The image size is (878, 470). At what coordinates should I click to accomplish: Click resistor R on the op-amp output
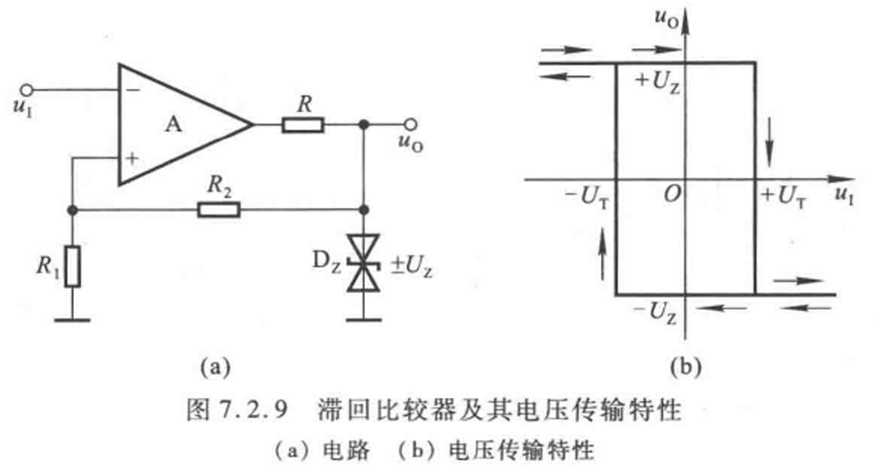coord(303,124)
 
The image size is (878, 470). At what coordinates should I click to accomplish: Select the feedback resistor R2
coord(219,210)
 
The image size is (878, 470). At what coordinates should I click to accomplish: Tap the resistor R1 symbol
coord(72,267)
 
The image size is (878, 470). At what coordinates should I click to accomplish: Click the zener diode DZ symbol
coord(363,263)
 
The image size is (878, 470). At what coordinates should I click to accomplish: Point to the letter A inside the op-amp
coord(173,124)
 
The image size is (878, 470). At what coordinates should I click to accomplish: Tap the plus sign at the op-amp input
coord(131,159)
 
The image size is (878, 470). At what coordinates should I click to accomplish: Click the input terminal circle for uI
coord(26,89)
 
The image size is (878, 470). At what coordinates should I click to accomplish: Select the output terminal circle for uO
coord(412,124)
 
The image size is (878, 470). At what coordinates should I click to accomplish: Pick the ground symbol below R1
coord(72,320)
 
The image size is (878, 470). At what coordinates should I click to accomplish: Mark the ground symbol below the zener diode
coord(364,320)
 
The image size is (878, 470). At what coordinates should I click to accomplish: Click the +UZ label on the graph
coord(658,82)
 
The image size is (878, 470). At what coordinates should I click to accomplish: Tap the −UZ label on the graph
coord(655,312)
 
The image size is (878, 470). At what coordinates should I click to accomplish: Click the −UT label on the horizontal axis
coord(587,196)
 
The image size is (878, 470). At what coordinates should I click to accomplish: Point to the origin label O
coord(673,194)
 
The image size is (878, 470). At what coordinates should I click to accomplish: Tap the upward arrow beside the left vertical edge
coord(603,255)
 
